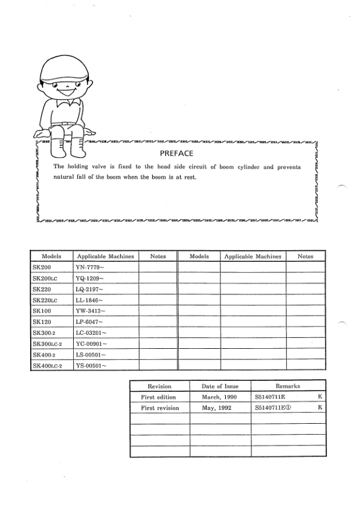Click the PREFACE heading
176,154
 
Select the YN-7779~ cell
90,267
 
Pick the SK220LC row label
45,300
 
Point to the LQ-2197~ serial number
90,289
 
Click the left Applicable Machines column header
105,256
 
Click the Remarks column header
288,386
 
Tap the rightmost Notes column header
306,256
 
